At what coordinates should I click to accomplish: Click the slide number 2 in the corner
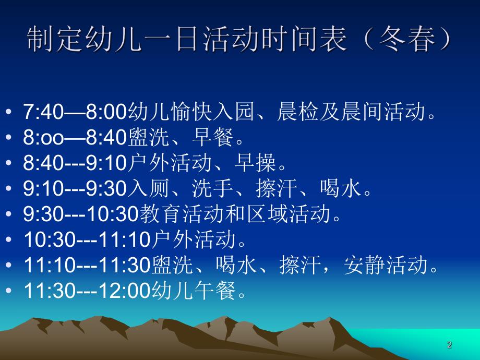[450, 344]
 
